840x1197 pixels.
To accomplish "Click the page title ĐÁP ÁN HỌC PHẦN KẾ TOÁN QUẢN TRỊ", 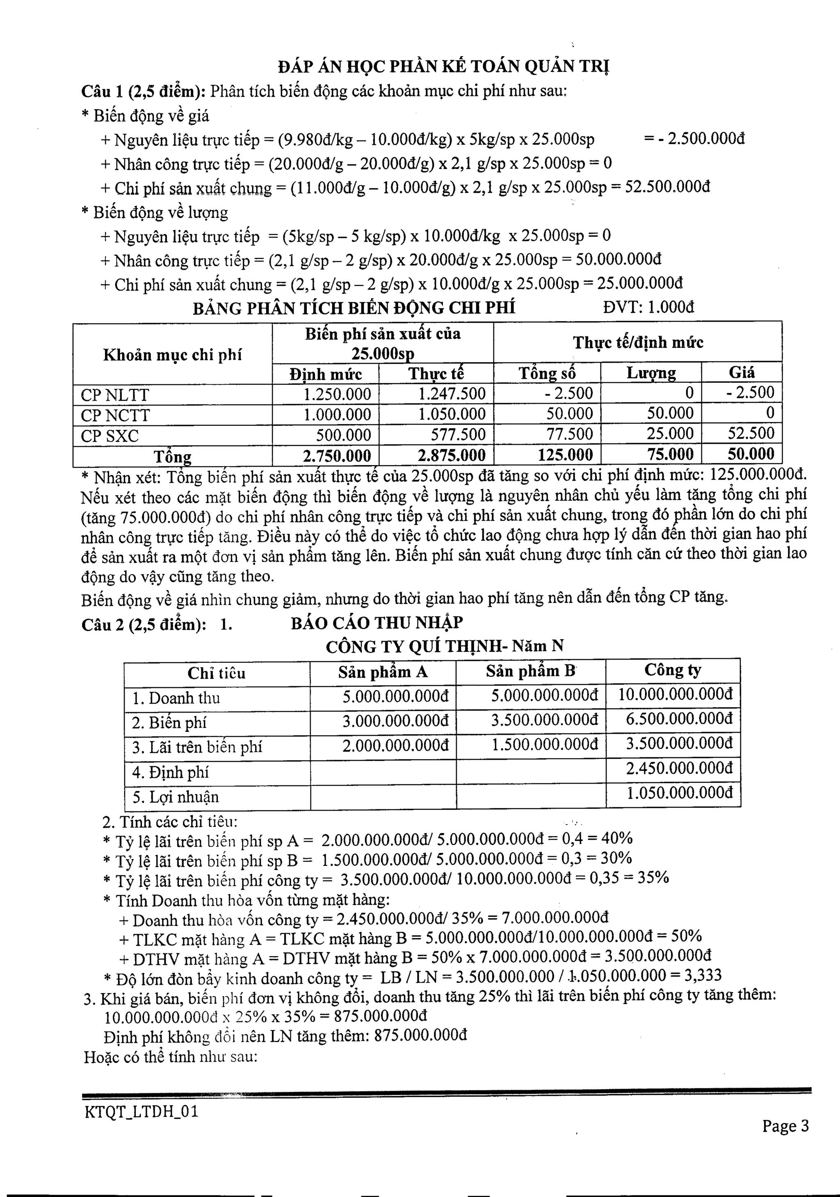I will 444,67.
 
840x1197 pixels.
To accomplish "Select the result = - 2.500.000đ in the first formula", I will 694,139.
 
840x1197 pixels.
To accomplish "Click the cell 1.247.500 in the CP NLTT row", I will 452,394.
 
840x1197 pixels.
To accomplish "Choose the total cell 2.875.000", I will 452,455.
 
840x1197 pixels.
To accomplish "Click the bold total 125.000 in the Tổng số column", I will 565,455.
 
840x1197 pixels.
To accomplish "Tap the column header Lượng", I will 651,373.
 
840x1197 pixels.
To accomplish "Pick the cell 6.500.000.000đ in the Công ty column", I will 679,719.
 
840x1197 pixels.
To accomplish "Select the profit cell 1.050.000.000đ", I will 679,793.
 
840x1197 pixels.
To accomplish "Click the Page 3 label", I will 785,1126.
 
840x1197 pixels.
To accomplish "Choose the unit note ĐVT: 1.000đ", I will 648,307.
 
